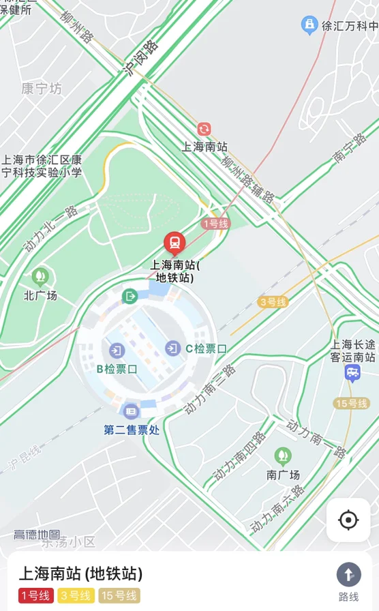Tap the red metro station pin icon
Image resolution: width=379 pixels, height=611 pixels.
(x=175, y=243)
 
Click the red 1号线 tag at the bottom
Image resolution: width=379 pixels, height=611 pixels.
(x=36, y=595)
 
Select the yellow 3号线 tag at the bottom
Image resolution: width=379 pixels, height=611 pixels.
(x=76, y=595)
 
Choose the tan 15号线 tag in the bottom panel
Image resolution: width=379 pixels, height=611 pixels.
(x=119, y=595)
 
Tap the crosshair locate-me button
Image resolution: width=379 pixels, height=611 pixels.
(x=348, y=520)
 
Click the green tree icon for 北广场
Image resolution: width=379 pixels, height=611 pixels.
(x=40, y=277)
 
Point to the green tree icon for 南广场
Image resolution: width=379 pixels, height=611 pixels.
(x=282, y=456)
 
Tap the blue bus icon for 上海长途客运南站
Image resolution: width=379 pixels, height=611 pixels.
(x=352, y=372)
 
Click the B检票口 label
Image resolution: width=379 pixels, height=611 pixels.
(x=117, y=369)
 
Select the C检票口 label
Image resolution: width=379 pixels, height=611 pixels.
(x=206, y=348)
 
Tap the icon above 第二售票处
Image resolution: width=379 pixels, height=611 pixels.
(x=131, y=411)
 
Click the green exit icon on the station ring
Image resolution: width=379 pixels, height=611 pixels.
(x=130, y=296)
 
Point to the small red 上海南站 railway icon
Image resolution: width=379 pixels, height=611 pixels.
(x=204, y=129)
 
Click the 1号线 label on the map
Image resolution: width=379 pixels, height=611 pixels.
(x=215, y=224)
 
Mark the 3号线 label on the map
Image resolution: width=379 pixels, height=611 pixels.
(x=273, y=301)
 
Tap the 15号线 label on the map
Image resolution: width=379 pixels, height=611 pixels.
(x=351, y=403)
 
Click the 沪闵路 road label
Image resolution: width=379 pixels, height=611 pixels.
(x=142, y=58)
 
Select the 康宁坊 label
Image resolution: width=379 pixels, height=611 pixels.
(x=41, y=89)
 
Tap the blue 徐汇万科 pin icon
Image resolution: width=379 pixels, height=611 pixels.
(x=309, y=26)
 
